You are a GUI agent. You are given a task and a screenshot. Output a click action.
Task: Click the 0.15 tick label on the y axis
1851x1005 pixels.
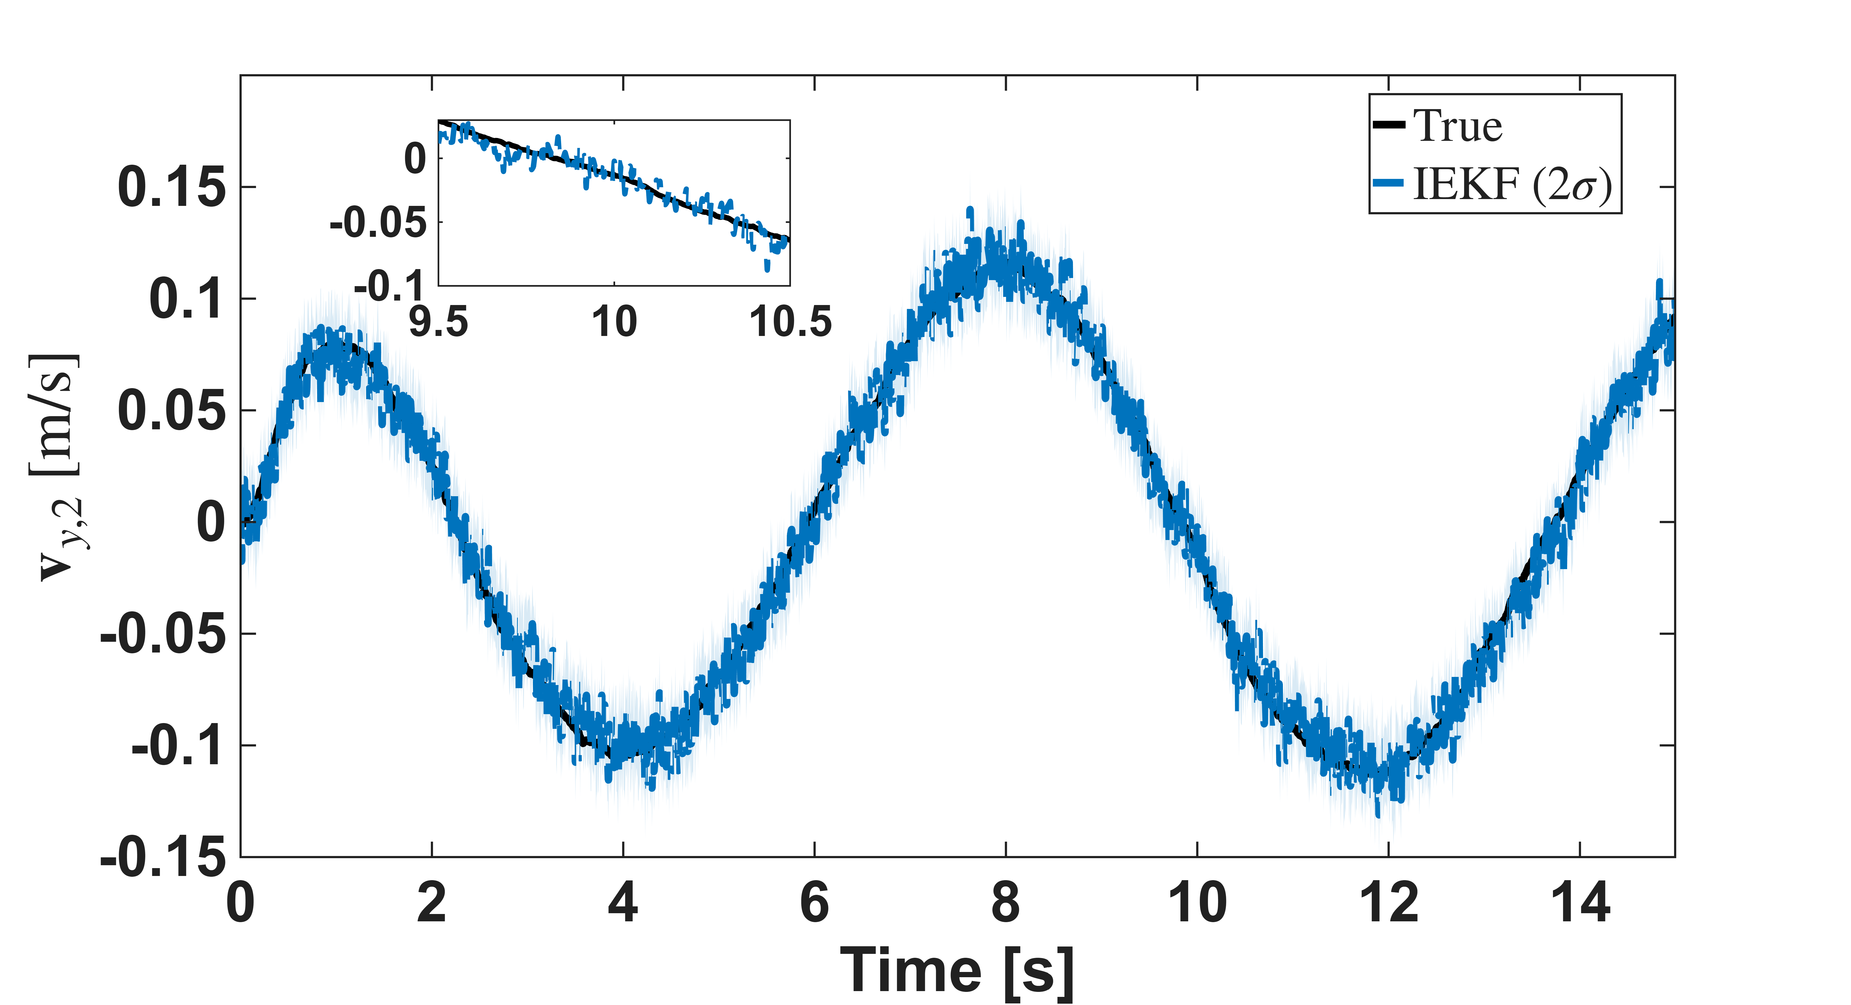(x=171, y=187)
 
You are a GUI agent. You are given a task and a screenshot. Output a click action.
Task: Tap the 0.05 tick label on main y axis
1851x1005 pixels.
(x=171, y=410)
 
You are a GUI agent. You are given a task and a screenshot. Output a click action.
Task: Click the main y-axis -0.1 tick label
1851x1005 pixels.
(x=178, y=745)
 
